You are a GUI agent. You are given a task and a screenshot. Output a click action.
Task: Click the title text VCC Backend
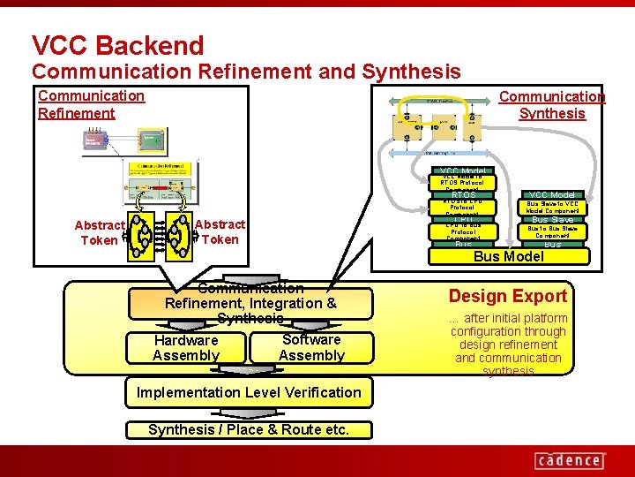point(117,45)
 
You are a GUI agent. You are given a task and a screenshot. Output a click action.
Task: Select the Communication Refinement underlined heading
point(91,104)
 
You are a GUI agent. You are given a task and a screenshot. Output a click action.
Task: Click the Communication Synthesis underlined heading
point(552,104)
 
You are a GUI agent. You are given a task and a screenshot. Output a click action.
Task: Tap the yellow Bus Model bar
point(509,256)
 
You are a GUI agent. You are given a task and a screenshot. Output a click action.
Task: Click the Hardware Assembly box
point(185,348)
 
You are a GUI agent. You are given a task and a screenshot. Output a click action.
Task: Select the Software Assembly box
point(311,347)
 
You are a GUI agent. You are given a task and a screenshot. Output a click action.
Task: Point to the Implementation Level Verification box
point(249,392)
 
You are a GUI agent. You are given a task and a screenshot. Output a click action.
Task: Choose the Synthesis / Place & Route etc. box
point(249,430)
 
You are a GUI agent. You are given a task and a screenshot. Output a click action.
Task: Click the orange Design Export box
point(507,296)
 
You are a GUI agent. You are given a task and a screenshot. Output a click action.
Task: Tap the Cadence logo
point(570,459)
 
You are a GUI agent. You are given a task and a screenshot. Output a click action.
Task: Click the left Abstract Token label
point(99,232)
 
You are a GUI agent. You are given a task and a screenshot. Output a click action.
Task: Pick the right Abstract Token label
point(220,232)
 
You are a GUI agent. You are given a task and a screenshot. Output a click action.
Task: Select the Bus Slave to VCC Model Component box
point(552,207)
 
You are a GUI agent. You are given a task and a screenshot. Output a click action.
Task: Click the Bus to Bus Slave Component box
point(552,231)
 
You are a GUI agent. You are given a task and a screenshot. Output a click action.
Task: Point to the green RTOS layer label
point(463,194)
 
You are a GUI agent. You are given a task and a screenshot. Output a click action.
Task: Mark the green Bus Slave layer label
point(552,219)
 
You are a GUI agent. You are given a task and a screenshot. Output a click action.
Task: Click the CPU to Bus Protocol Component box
point(463,231)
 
